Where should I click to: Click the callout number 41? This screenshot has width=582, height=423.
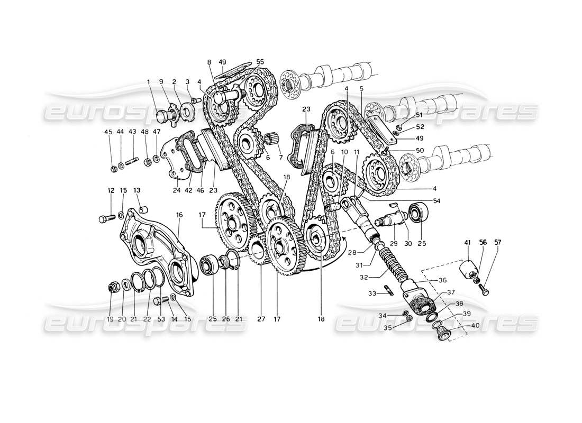(467, 243)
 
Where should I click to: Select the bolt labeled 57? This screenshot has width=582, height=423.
(484, 289)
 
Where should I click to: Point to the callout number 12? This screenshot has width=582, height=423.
(111, 190)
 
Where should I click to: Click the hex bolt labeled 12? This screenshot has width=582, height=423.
(106, 217)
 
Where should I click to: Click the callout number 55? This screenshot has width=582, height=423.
(260, 62)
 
